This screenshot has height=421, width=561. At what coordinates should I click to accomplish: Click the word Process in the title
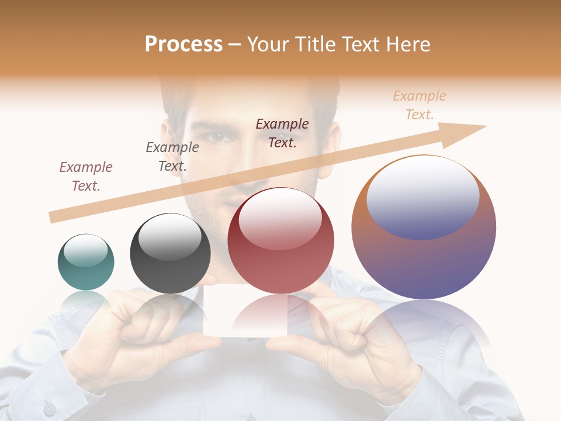(x=183, y=44)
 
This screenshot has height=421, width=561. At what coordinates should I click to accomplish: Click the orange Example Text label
(x=419, y=105)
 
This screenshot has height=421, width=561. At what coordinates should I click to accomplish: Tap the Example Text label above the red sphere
(x=282, y=133)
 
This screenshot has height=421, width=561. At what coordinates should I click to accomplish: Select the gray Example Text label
(x=172, y=156)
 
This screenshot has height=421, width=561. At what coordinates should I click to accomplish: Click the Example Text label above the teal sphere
(x=86, y=176)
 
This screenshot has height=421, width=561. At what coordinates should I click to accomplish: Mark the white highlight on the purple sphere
(x=423, y=196)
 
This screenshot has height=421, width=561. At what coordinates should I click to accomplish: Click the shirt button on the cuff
(x=49, y=409)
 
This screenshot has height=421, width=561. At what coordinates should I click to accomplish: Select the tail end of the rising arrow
(x=54, y=218)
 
